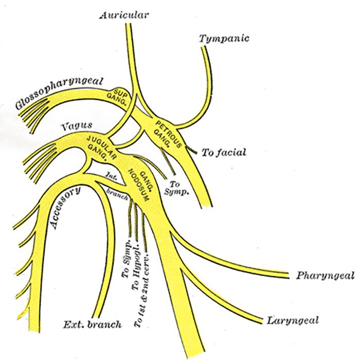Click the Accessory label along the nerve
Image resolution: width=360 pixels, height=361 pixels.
click(x=64, y=208)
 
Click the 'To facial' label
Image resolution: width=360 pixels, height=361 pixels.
click(x=224, y=152)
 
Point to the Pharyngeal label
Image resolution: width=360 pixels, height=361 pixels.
click(x=325, y=276)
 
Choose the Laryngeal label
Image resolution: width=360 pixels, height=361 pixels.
click(x=293, y=321)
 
